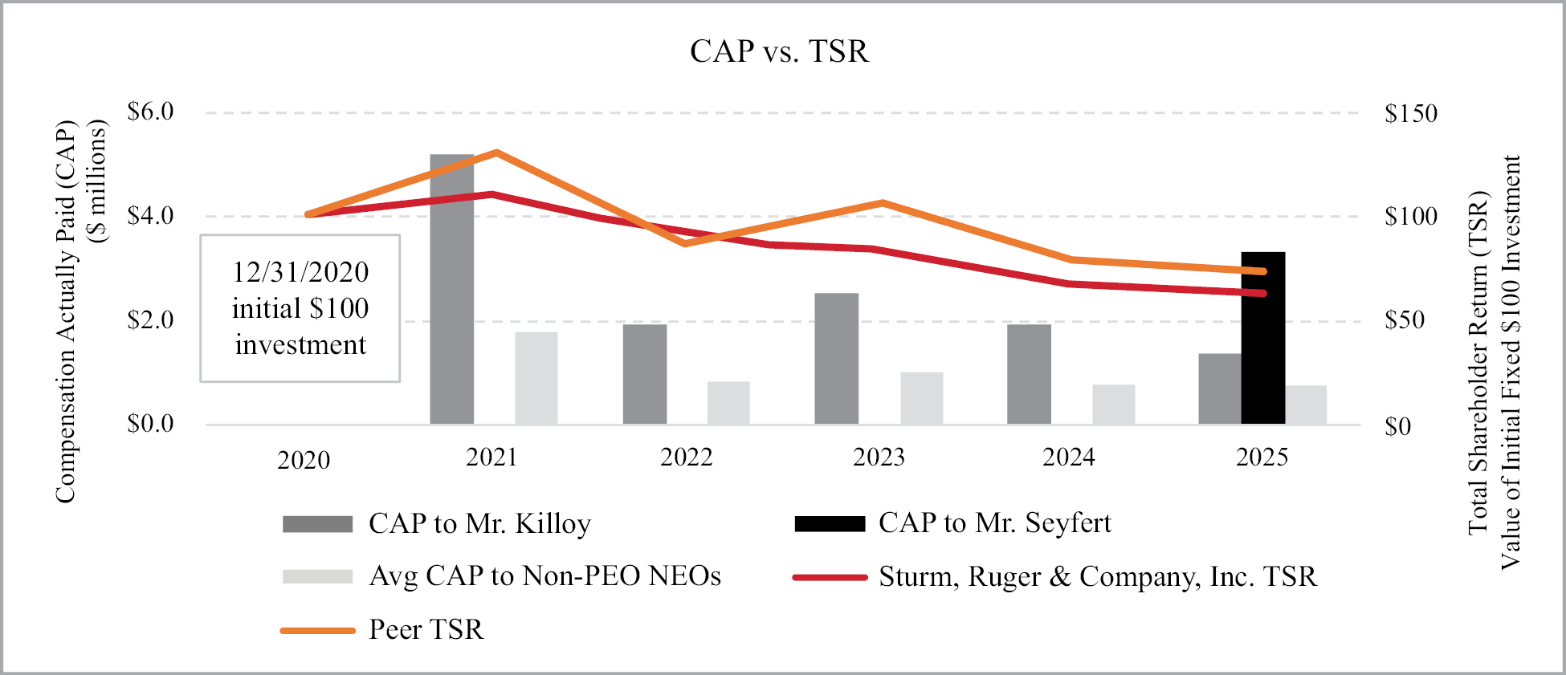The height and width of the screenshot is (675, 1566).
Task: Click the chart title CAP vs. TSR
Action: [779, 51]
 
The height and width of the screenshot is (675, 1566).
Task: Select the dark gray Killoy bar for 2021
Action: [451, 289]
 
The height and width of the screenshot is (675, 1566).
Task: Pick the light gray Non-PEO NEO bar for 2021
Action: [536, 378]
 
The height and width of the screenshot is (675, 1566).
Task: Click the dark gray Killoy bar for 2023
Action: [836, 359]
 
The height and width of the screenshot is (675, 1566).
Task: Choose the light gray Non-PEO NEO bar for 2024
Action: [1113, 405]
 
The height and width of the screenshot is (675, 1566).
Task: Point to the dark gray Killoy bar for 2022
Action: [644, 374]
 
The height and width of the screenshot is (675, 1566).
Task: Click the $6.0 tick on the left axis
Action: [150, 112]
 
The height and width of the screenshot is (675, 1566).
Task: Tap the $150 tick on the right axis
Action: [1410, 113]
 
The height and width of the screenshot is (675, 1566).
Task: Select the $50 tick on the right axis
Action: [1404, 320]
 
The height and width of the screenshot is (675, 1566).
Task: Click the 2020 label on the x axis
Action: [304, 460]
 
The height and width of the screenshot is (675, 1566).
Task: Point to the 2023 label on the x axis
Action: [879, 457]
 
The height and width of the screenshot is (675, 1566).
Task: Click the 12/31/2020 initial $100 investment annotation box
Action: [300, 308]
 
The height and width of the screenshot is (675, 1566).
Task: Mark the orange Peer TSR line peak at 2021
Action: [497, 152]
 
